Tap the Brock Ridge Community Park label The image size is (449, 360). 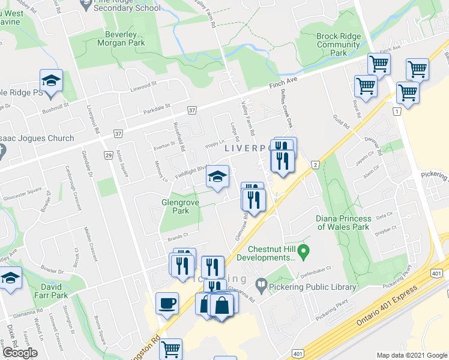point(339,44)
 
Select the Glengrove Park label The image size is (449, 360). point(176,207)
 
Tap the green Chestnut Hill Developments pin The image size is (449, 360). point(304,250)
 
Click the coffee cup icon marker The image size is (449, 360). point(167,302)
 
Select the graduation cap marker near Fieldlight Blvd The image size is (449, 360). point(217,176)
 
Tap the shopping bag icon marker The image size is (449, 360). point(222,305)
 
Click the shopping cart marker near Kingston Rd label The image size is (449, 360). point(171,348)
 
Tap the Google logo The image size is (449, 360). point(20,353)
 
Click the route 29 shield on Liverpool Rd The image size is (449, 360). point(108,155)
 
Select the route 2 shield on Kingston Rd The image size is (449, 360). point(314,164)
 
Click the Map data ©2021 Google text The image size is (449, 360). point(411,355)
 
